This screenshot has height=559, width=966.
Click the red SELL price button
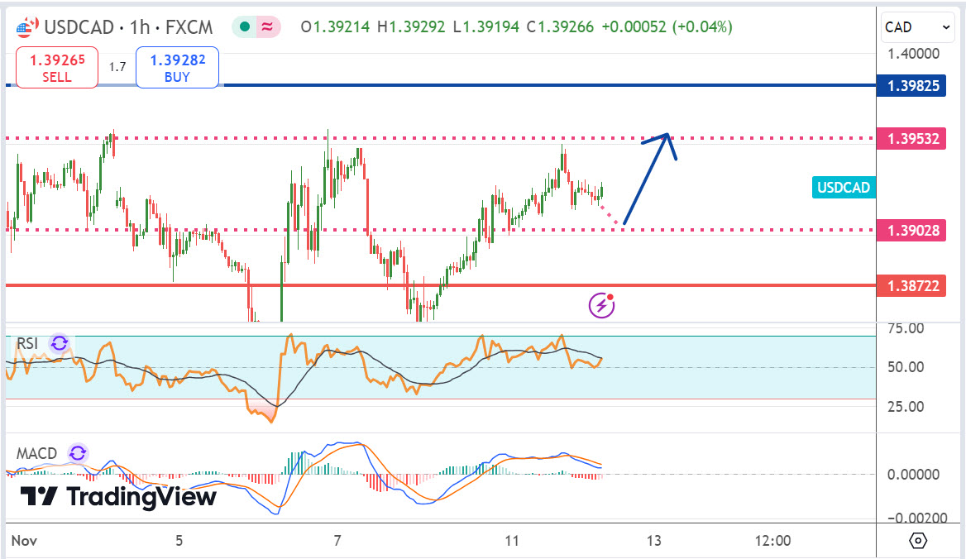(56, 68)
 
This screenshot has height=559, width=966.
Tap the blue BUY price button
(177, 68)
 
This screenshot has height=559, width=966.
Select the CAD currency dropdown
(918, 27)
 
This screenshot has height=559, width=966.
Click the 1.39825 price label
(913, 85)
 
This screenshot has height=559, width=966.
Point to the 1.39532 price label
(913, 138)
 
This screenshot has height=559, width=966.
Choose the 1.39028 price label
(913, 230)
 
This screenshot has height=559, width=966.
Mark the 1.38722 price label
(913, 285)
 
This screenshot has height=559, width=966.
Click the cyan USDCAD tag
(844, 188)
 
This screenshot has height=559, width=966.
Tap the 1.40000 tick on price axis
(913, 54)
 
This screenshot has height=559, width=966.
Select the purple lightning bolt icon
(601, 306)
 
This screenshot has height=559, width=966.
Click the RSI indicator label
(28, 344)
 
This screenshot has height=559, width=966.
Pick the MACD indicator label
(37, 453)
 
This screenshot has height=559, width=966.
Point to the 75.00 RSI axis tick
(906, 328)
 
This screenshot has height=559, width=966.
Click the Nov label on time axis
(22, 541)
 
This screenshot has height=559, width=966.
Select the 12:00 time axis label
(772, 541)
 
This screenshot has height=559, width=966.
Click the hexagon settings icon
(917, 541)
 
